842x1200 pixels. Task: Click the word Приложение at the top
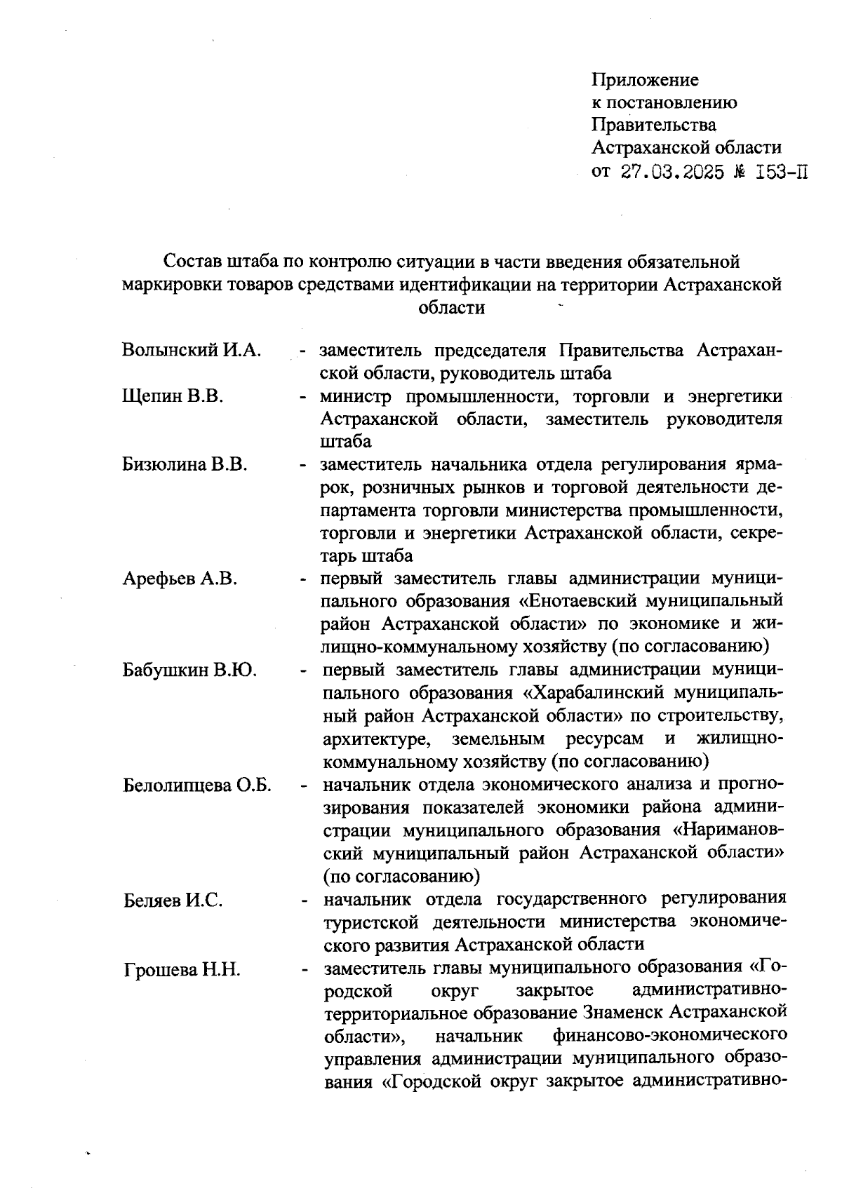(x=645, y=80)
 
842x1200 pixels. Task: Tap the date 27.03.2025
(x=673, y=172)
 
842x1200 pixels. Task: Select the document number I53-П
(x=782, y=172)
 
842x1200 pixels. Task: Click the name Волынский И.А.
(x=192, y=351)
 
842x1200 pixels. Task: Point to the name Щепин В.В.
(x=173, y=396)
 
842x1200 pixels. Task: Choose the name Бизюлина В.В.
(x=185, y=464)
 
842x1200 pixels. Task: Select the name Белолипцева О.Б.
(x=197, y=785)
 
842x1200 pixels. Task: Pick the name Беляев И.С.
(x=173, y=900)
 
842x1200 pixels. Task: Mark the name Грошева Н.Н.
(x=182, y=971)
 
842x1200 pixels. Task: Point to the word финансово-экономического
(x=669, y=1035)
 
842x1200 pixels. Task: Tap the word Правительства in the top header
(x=654, y=126)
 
